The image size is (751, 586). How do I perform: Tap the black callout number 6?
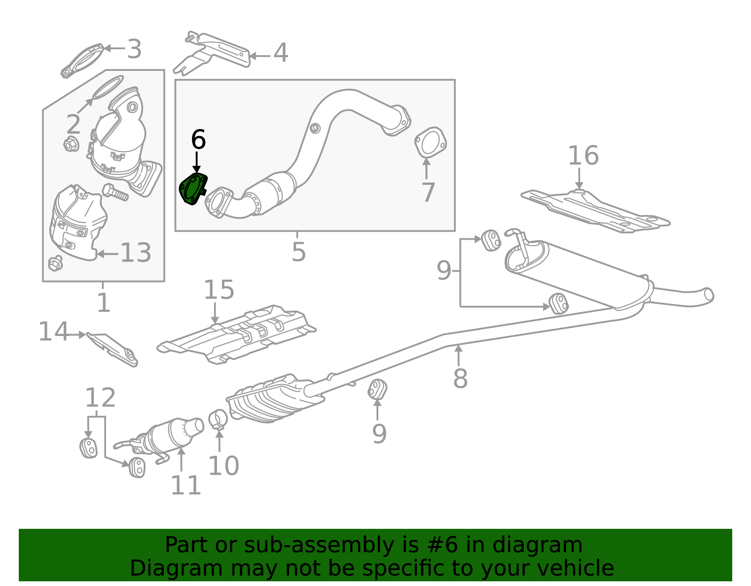tap(198, 140)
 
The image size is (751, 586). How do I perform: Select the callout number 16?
tap(583, 156)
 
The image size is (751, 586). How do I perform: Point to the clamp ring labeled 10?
tap(218, 419)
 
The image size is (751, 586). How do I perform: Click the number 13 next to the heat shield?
tap(136, 253)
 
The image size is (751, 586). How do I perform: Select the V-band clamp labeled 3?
tap(83, 61)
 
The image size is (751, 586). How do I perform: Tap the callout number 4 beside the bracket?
tap(281, 53)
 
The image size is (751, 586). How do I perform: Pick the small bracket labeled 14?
tap(113, 349)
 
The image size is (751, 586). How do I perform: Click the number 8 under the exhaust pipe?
tap(460, 379)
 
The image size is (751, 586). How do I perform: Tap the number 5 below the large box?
tap(299, 252)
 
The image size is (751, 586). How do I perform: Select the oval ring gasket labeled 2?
tap(108, 88)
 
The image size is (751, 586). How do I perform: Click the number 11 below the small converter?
tap(186, 485)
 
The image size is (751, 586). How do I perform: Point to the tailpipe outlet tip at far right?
tap(708, 295)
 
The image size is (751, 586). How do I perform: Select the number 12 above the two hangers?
tap(100, 398)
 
